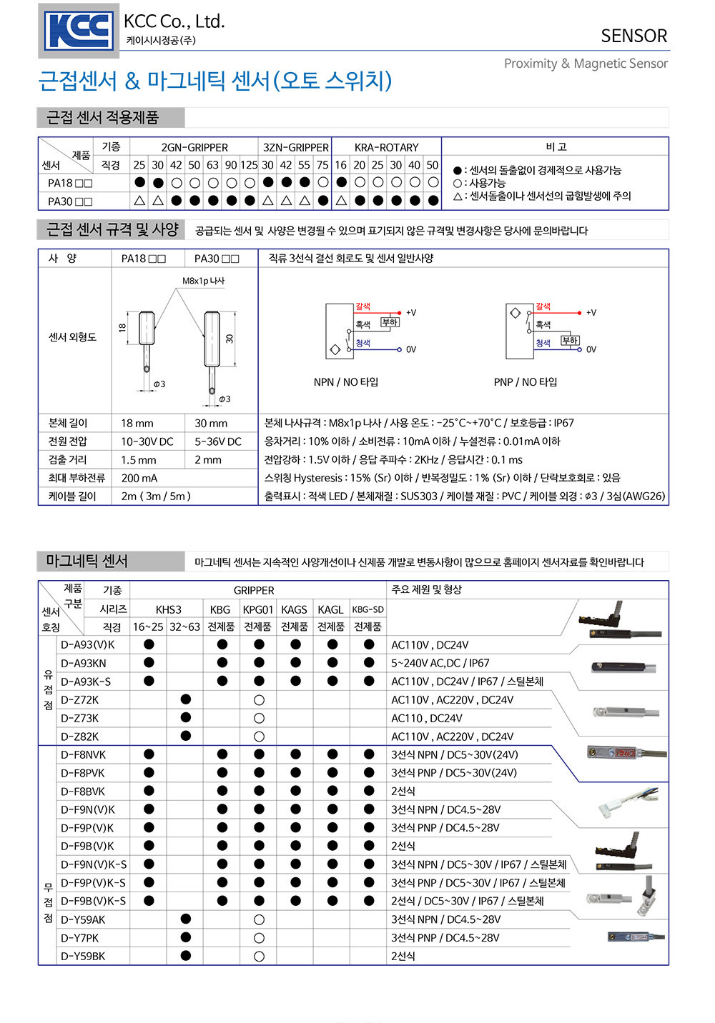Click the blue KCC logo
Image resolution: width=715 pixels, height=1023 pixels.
click(79, 31)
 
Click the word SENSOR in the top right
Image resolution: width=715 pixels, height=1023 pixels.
click(633, 36)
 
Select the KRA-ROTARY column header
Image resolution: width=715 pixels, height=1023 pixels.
click(386, 147)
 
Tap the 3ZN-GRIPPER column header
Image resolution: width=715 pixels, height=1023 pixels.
click(295, 147)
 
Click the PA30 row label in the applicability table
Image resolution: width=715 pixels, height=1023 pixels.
click(70, 201)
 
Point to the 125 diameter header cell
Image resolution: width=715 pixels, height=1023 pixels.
click(249, 165)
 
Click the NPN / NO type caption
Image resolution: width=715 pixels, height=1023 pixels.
click(345, 381)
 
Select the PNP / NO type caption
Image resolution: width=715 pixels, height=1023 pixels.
click(526, 381)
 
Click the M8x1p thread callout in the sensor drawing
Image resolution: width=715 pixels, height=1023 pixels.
click(204, 281)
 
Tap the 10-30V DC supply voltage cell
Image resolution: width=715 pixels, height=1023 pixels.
click(147, 441)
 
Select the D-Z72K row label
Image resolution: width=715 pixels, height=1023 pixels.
click(79, 699)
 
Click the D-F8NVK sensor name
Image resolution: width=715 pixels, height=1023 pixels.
click(83, 754)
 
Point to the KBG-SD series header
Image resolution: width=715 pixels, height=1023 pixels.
click(368, 609)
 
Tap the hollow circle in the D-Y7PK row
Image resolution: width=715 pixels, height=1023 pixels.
click(259, 937)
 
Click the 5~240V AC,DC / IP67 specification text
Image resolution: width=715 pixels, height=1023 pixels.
click(440, 663)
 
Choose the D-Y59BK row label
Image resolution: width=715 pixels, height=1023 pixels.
click(83, 956)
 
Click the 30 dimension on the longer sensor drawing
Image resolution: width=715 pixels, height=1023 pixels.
click(230, 339)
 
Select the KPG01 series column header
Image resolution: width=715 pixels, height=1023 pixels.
click(258, 609)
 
